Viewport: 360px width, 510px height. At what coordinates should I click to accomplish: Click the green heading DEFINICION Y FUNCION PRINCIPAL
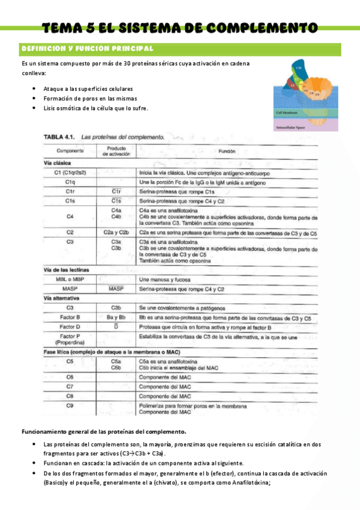pos(87,48)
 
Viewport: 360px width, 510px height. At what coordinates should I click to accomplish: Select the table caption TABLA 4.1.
pos(58,137)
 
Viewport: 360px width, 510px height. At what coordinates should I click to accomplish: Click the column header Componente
pos(70,151)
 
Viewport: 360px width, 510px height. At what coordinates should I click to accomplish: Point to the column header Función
pos(227,152)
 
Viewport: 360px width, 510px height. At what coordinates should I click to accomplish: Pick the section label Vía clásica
pos(58,163)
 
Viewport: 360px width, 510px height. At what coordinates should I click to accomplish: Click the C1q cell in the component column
pos(70,182)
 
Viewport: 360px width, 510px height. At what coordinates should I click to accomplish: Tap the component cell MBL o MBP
pos(70,279)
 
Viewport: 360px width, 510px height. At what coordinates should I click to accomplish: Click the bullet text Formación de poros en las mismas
pos(90,98)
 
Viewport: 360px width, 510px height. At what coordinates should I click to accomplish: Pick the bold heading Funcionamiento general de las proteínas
pos(104,432)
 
